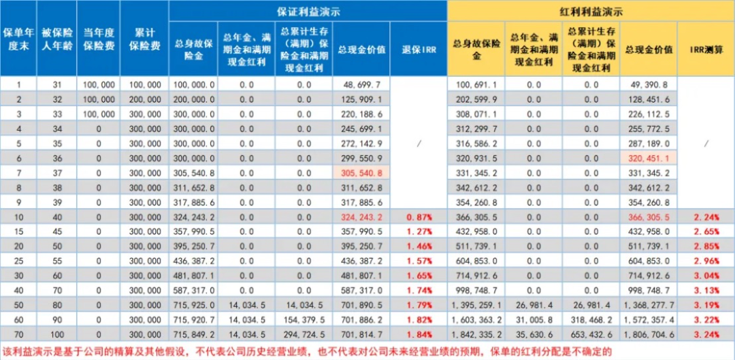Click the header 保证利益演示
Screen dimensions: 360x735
pyautogui.click(x=308, y=11)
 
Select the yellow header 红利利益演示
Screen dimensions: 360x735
pyautogui.click(x=591, y=11)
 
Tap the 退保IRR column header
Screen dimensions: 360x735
pyautogui.click(x=419, y=49)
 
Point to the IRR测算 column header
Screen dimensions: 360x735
pyautogui.click(x=706, y=49)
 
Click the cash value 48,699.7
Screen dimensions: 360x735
pyautogui.click(x=361, y=84)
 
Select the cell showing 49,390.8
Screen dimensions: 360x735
pyautogui.click(x=649, y=84)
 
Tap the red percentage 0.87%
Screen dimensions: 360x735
pyautogui.click(x=419, y=217)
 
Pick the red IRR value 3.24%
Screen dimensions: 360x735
pyautogui.click(x=706, y=336)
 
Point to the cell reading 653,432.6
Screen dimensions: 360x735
pyautogui.click(x=591, y=336)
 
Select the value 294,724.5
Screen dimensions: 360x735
pyautogui.click(x=304, y=336)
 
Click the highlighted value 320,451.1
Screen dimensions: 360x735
pyautogui.click(x=649, y=158)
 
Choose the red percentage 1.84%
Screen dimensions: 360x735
pyautogui.click(x=419, y=336)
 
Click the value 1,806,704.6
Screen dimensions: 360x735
pyautogui.click(x=649, y=336)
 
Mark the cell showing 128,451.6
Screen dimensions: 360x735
pyautogui.click(x=649, y=99)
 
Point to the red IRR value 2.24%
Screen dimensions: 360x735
pyautogui.click(x=706, y=217)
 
